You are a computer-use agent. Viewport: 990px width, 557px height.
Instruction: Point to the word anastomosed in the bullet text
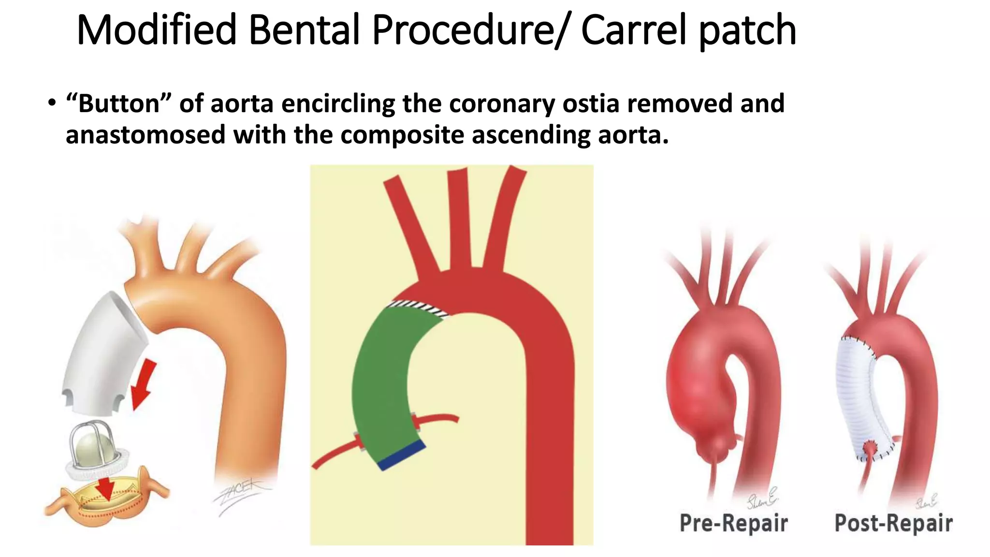[x=146, y=135]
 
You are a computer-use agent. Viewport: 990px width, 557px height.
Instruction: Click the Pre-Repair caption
[x=733, y=523]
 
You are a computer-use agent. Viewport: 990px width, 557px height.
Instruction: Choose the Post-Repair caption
[x=893, y=523]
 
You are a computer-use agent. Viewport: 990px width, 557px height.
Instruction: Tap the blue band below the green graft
[x=402, y=455]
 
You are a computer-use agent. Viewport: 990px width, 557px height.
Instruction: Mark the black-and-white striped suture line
[x=418, y=308]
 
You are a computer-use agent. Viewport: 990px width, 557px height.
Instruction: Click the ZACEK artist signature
[x=239, y=498]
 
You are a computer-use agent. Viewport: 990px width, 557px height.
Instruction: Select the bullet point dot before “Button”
[x=52, y=104]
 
